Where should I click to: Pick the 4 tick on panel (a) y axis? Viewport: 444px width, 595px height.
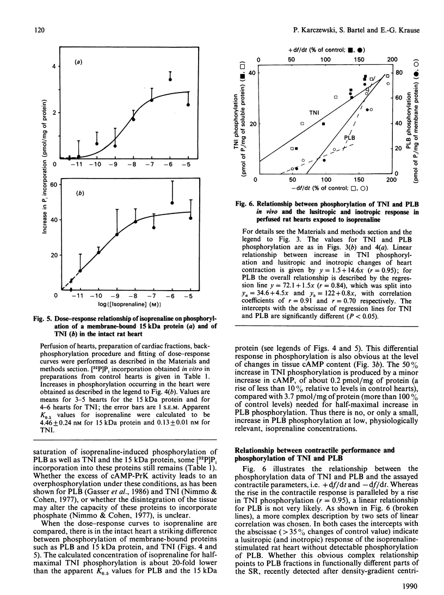pos(54,66)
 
